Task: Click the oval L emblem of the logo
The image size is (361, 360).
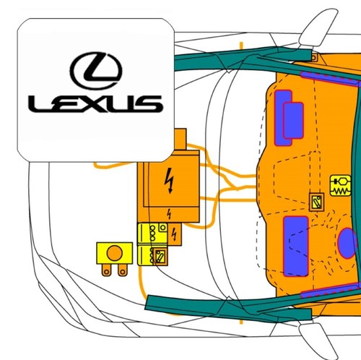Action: (96, 71)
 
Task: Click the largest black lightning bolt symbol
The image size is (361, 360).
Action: (170, 180)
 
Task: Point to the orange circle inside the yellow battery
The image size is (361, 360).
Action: (114, 253)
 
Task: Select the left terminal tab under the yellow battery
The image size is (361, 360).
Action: (106, 270)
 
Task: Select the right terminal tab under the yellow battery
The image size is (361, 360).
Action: (122, 270)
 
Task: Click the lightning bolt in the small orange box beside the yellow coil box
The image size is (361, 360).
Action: (175, 234)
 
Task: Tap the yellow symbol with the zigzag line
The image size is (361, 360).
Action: (341, 185)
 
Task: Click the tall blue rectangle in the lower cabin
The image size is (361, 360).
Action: (296, 246)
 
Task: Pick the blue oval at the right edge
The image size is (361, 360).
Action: (347, 243)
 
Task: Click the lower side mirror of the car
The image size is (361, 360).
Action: (318, 340)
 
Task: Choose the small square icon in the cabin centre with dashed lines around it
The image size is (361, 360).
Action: (316, 202)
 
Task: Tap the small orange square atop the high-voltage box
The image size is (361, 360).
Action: (180, 139)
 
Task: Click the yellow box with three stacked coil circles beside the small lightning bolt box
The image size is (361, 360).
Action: (152, 234)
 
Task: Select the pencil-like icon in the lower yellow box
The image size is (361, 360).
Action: (160, 257)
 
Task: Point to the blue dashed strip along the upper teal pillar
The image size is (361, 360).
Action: (330, 77)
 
